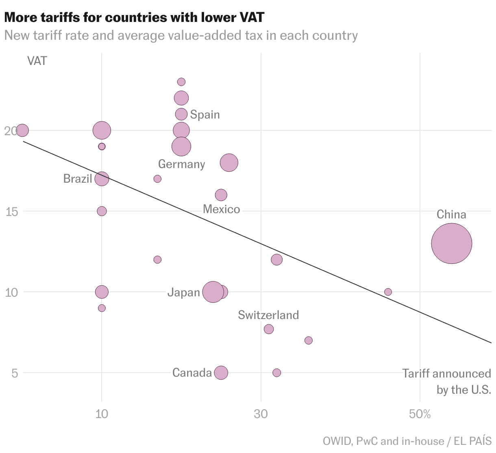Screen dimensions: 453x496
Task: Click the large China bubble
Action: [x=451, y=244]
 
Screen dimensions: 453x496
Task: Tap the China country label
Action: [x=451, y=214]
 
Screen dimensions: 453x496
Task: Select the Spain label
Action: [x=205, y=114]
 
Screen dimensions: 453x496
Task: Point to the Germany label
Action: [x=181, y=164]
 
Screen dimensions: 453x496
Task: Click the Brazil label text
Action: [x=78, y=179]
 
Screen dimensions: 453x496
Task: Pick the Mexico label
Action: [x=221, y=209]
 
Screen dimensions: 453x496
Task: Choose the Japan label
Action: [x=184, y=292]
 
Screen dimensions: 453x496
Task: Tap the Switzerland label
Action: [x=268, y=315]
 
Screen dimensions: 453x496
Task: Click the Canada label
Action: [x=192, y=373]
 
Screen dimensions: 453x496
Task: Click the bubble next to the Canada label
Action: [x=221, y=373]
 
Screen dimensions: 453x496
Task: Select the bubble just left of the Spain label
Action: [x=181, y=114]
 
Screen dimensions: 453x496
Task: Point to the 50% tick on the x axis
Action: [x=420, y=414]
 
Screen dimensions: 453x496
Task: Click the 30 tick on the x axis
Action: [x=261, y=414]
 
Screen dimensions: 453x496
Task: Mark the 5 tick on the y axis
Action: [x=15, y=373]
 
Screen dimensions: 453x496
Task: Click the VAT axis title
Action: [x=37, y=61]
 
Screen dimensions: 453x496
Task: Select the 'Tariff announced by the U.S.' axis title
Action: [x=446, y=382]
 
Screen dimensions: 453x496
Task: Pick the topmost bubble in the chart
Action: [x=181, y=82]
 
